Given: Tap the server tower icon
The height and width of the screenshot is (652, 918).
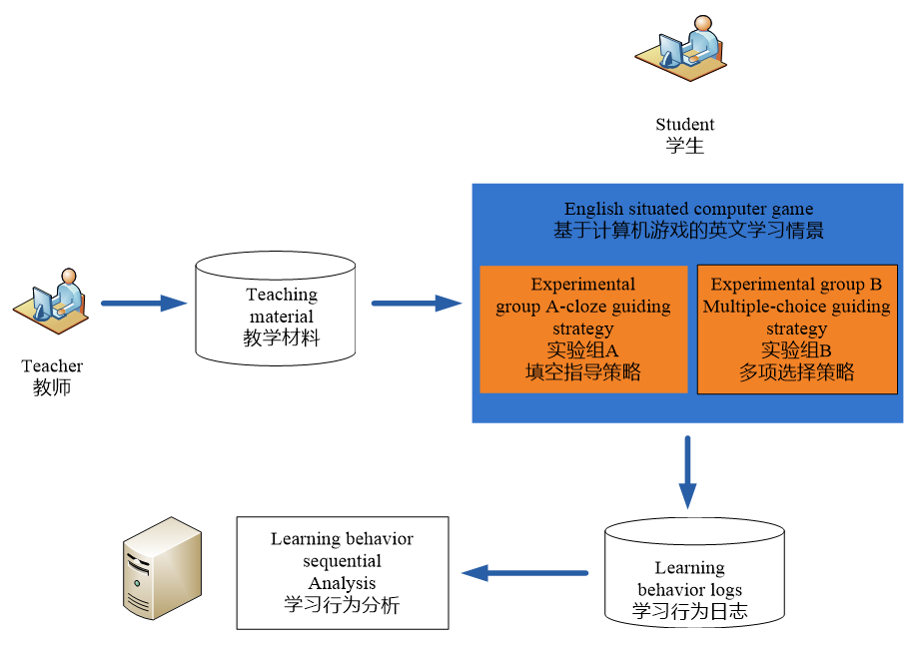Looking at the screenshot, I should coord(162,568).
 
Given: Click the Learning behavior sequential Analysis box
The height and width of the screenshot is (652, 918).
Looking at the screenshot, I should coord(342,572).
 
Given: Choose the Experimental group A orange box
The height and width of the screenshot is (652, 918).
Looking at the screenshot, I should coord(583,329).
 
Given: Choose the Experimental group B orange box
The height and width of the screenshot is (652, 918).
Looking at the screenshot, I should coord(796,329).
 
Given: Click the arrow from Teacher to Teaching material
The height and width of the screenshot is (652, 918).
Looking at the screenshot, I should coord(144,303).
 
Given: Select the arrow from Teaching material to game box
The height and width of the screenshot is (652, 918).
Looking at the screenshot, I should coord(416,303).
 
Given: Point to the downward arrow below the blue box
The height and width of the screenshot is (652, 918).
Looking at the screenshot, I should coord(688,471).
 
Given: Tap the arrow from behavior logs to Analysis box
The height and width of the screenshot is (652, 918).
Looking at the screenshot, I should coord(524,572).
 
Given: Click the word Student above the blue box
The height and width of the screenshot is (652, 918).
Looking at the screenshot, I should coord(684,125).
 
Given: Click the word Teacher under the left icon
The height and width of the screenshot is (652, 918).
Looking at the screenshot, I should coord(52,366).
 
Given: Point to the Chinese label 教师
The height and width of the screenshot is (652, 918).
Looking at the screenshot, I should coord(52,387).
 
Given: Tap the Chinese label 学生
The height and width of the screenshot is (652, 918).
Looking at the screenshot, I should coord(684,146).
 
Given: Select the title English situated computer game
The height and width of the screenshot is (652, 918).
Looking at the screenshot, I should coord(688,210).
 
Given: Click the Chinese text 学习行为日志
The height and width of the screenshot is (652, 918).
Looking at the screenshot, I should coord(689,611).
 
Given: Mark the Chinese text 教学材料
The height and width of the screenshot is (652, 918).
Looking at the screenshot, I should coord(282,337).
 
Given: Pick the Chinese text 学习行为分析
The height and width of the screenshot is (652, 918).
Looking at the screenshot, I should coord(342,604).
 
